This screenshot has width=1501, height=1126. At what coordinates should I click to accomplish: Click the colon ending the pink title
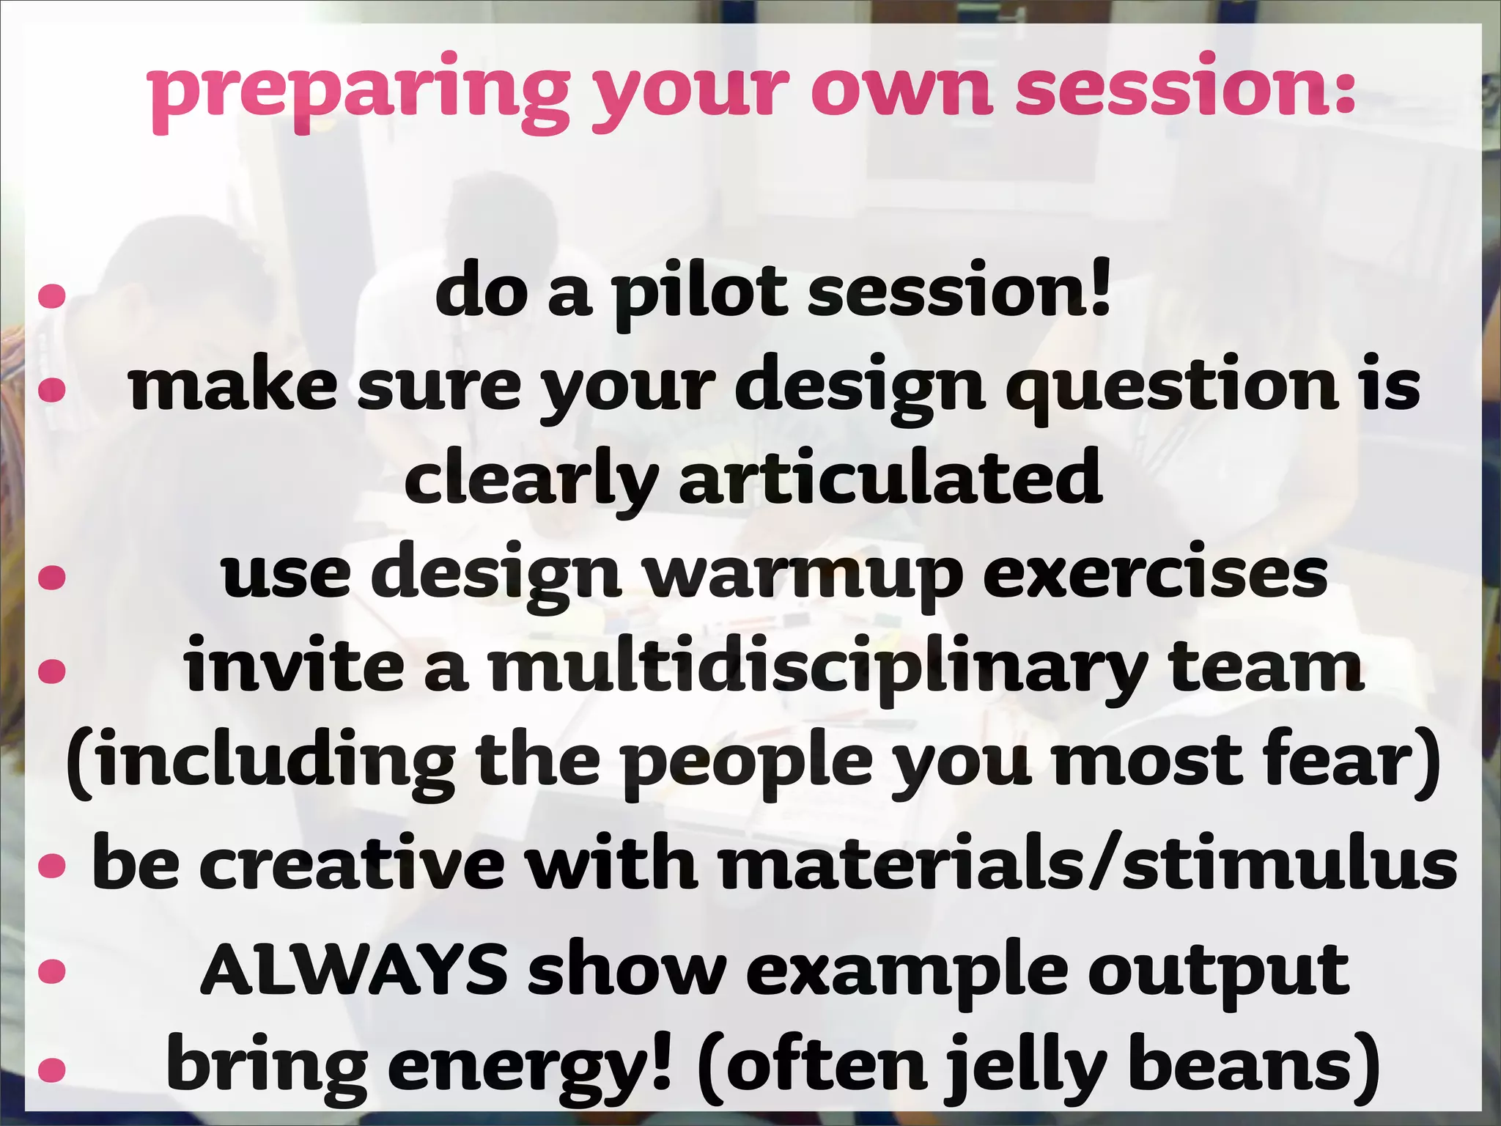coord(1343,92)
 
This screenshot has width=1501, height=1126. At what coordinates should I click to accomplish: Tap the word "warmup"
coord(803,575)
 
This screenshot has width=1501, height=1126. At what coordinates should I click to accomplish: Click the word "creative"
coord(352,865)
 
